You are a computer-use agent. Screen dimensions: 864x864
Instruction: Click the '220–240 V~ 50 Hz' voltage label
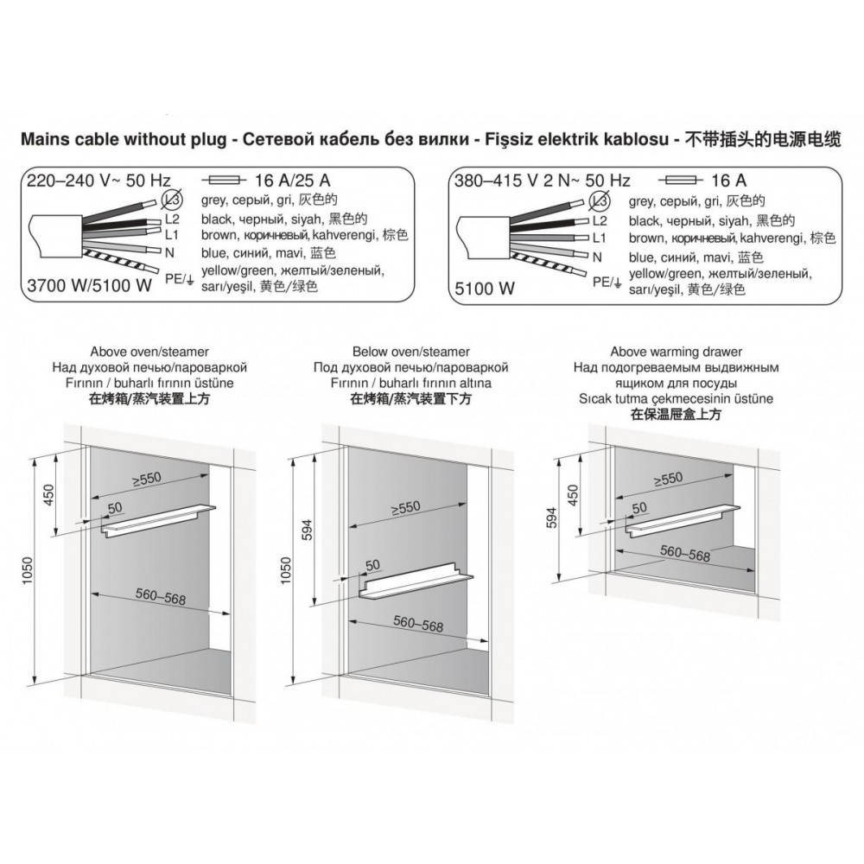pos(99,181)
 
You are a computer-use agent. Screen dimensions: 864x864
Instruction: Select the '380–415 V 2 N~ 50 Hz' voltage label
pos(543,181)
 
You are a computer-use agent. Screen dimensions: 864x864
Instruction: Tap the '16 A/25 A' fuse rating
pos(293,181)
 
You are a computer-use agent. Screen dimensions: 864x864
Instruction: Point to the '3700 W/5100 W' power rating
pos(89,285)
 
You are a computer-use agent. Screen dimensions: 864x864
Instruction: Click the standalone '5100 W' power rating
pos(485,289)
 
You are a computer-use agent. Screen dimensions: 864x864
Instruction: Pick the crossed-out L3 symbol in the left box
pos(173,200)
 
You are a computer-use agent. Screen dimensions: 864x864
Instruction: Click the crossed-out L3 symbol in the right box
pos(600,201)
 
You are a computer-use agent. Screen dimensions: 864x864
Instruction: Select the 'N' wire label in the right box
pos(597,257)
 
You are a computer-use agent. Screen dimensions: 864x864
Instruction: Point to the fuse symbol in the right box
pos(680,181)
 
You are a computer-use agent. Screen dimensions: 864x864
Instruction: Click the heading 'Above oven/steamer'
pos(149,352)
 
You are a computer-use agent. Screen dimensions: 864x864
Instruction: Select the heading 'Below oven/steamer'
pos(411,352)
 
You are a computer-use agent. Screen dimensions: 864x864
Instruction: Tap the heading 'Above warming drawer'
pos(677,352)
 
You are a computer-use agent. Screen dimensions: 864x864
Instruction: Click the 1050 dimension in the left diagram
pos(29,571)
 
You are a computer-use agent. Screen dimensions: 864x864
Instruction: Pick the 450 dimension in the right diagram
pos(573,495)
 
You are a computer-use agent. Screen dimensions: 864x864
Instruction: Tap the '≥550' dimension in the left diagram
pos(147,480)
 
